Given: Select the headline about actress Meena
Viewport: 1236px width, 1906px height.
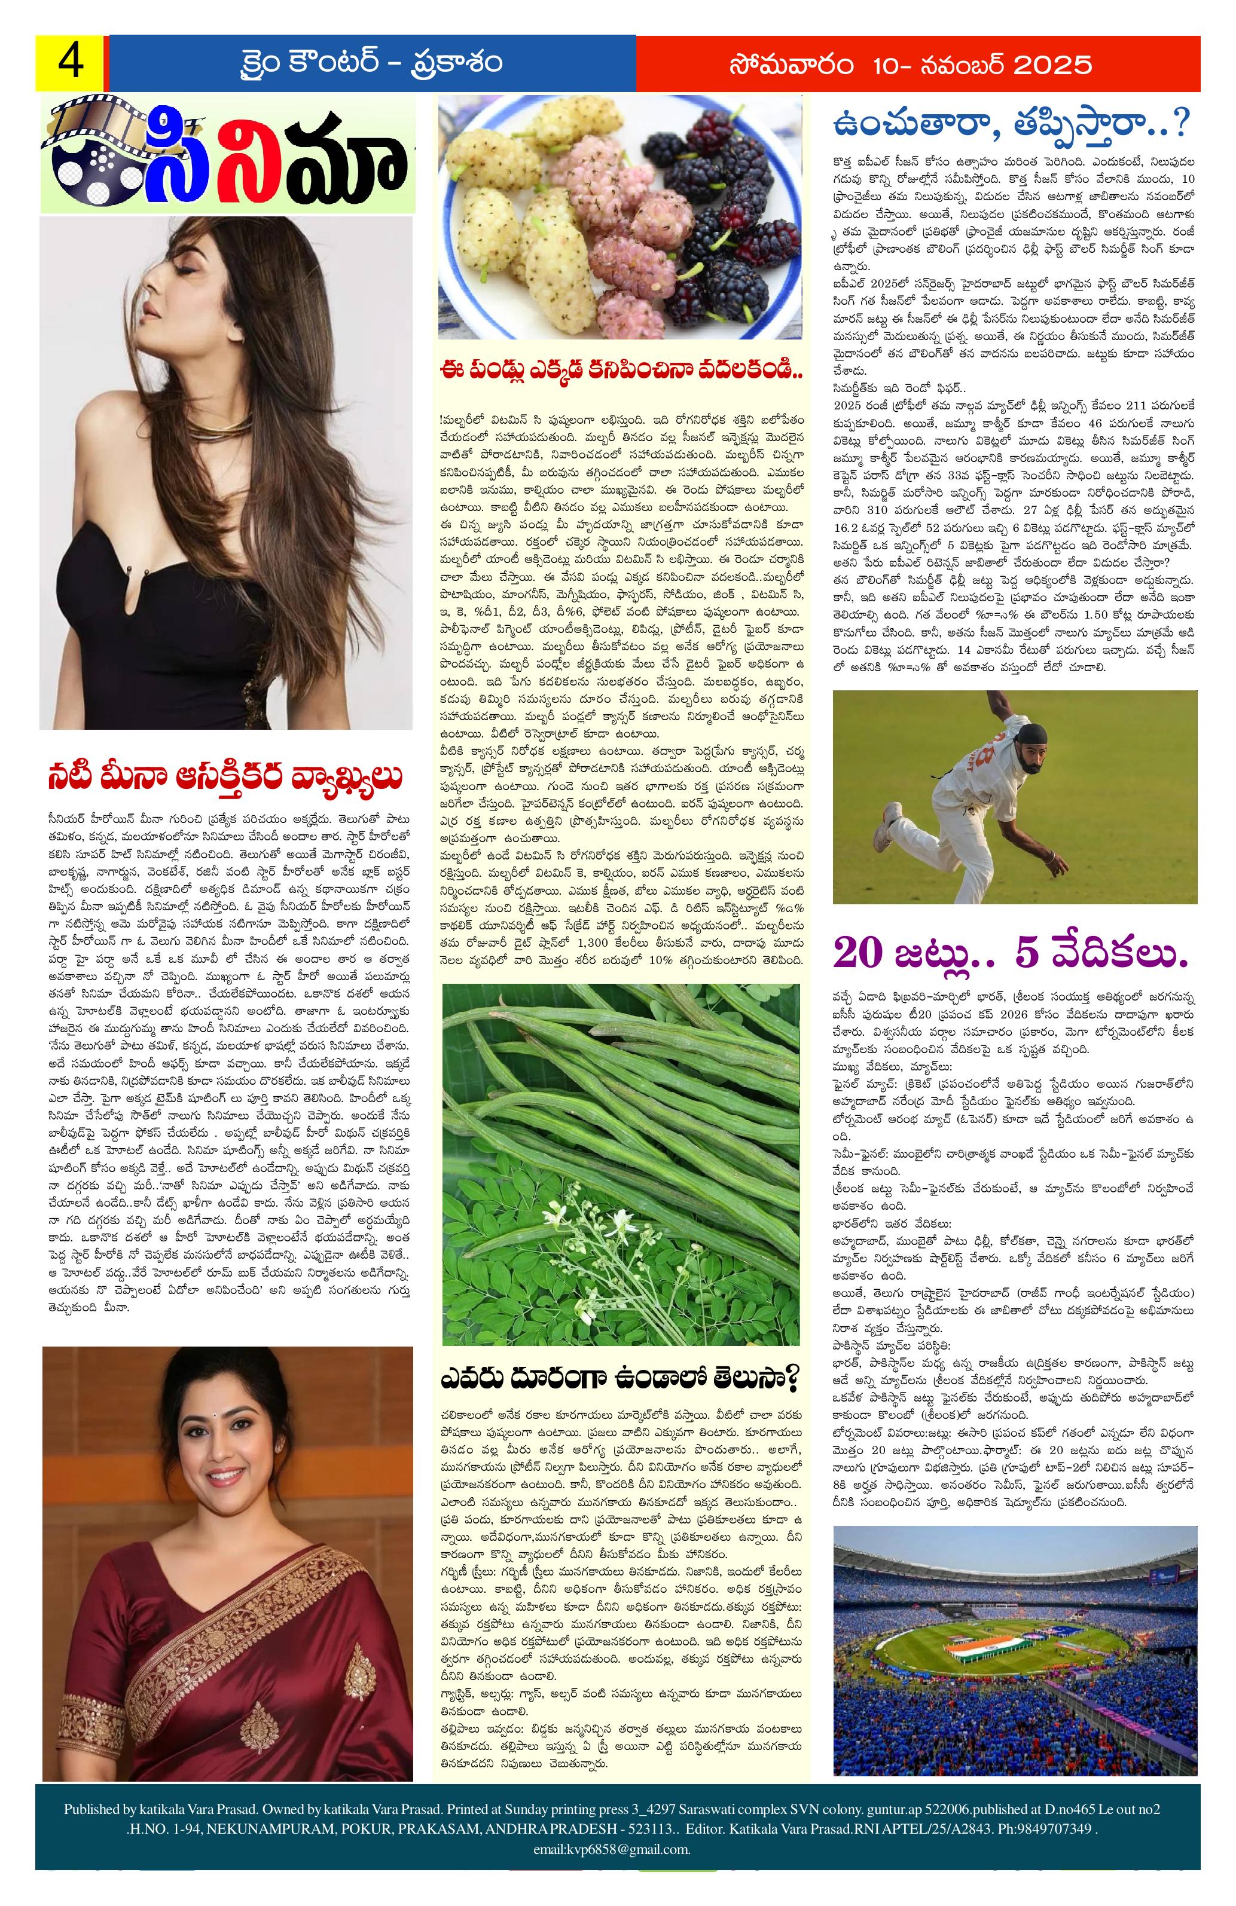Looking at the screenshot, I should tap(224, 777).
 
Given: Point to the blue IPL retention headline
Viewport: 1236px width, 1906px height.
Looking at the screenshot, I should tap(1012, 125).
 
